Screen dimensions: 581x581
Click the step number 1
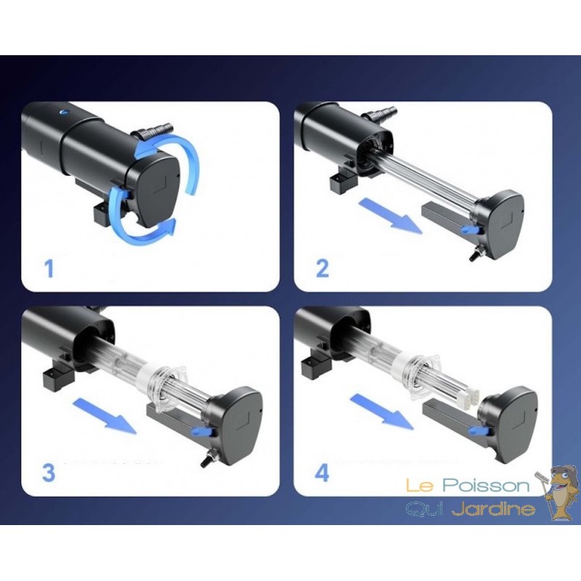[x=49, y=269]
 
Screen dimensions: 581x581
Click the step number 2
[x=322, y=269]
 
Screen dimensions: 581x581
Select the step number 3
[x=49, y=473]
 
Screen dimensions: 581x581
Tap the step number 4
[x=322, y=473]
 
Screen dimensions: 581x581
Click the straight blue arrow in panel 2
[x=390, y=216]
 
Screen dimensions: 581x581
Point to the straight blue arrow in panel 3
[x=105, y=415]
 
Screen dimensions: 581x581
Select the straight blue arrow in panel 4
[x=382, y=412]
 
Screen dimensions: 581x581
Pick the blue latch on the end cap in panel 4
[x=478, y=430]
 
